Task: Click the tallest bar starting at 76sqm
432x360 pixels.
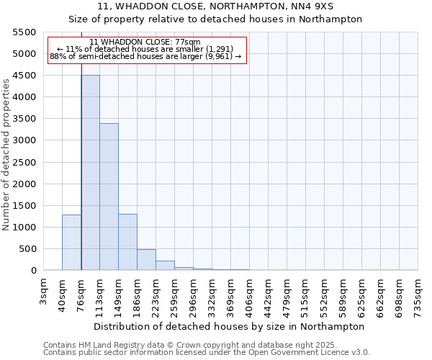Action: pos(91,173)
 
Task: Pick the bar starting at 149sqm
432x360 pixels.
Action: pos(128,242)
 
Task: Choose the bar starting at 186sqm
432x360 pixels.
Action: pos(147,260)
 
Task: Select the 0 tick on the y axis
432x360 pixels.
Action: pos(33,271)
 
